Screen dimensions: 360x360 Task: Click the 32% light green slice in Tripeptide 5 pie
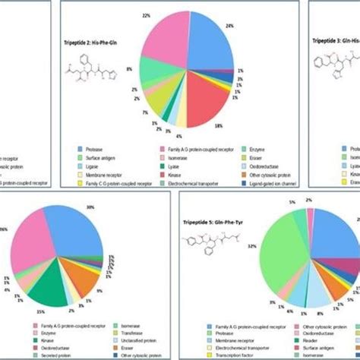289,258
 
